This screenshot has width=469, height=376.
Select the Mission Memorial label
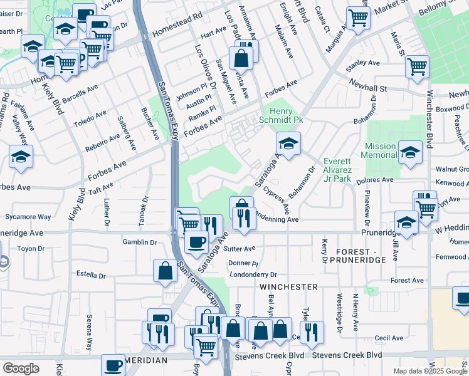(380, 150)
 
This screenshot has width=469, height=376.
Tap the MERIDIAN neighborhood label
(145, 361)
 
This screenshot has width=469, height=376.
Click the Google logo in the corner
(21, 368)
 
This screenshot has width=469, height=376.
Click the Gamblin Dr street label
(139, 242)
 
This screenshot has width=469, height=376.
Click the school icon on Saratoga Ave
(288, 144)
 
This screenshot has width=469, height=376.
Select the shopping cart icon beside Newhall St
(417, 66)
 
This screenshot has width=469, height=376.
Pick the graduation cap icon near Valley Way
(21, 157)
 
